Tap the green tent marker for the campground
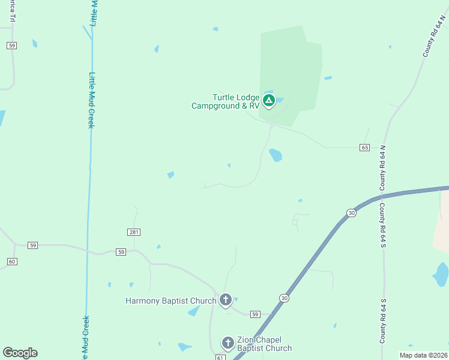point(269,100)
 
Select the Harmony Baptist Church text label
point(170,301)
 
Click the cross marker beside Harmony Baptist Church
point(225,299)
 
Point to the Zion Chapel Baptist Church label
point(264,344)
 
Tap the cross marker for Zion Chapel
point(228,343)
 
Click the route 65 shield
point(365,147)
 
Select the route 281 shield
point(134,232)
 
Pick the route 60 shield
point(12,261)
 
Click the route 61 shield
point(220,358)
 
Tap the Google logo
point(20,353)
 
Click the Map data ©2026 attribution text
point(423,355)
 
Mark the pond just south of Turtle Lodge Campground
point(276,155)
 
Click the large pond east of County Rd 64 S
point(441,274)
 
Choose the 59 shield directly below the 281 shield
point(121,252)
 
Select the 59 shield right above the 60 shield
point(32,245)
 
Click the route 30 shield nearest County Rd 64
point(351,212)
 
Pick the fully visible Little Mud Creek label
point(91,100)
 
